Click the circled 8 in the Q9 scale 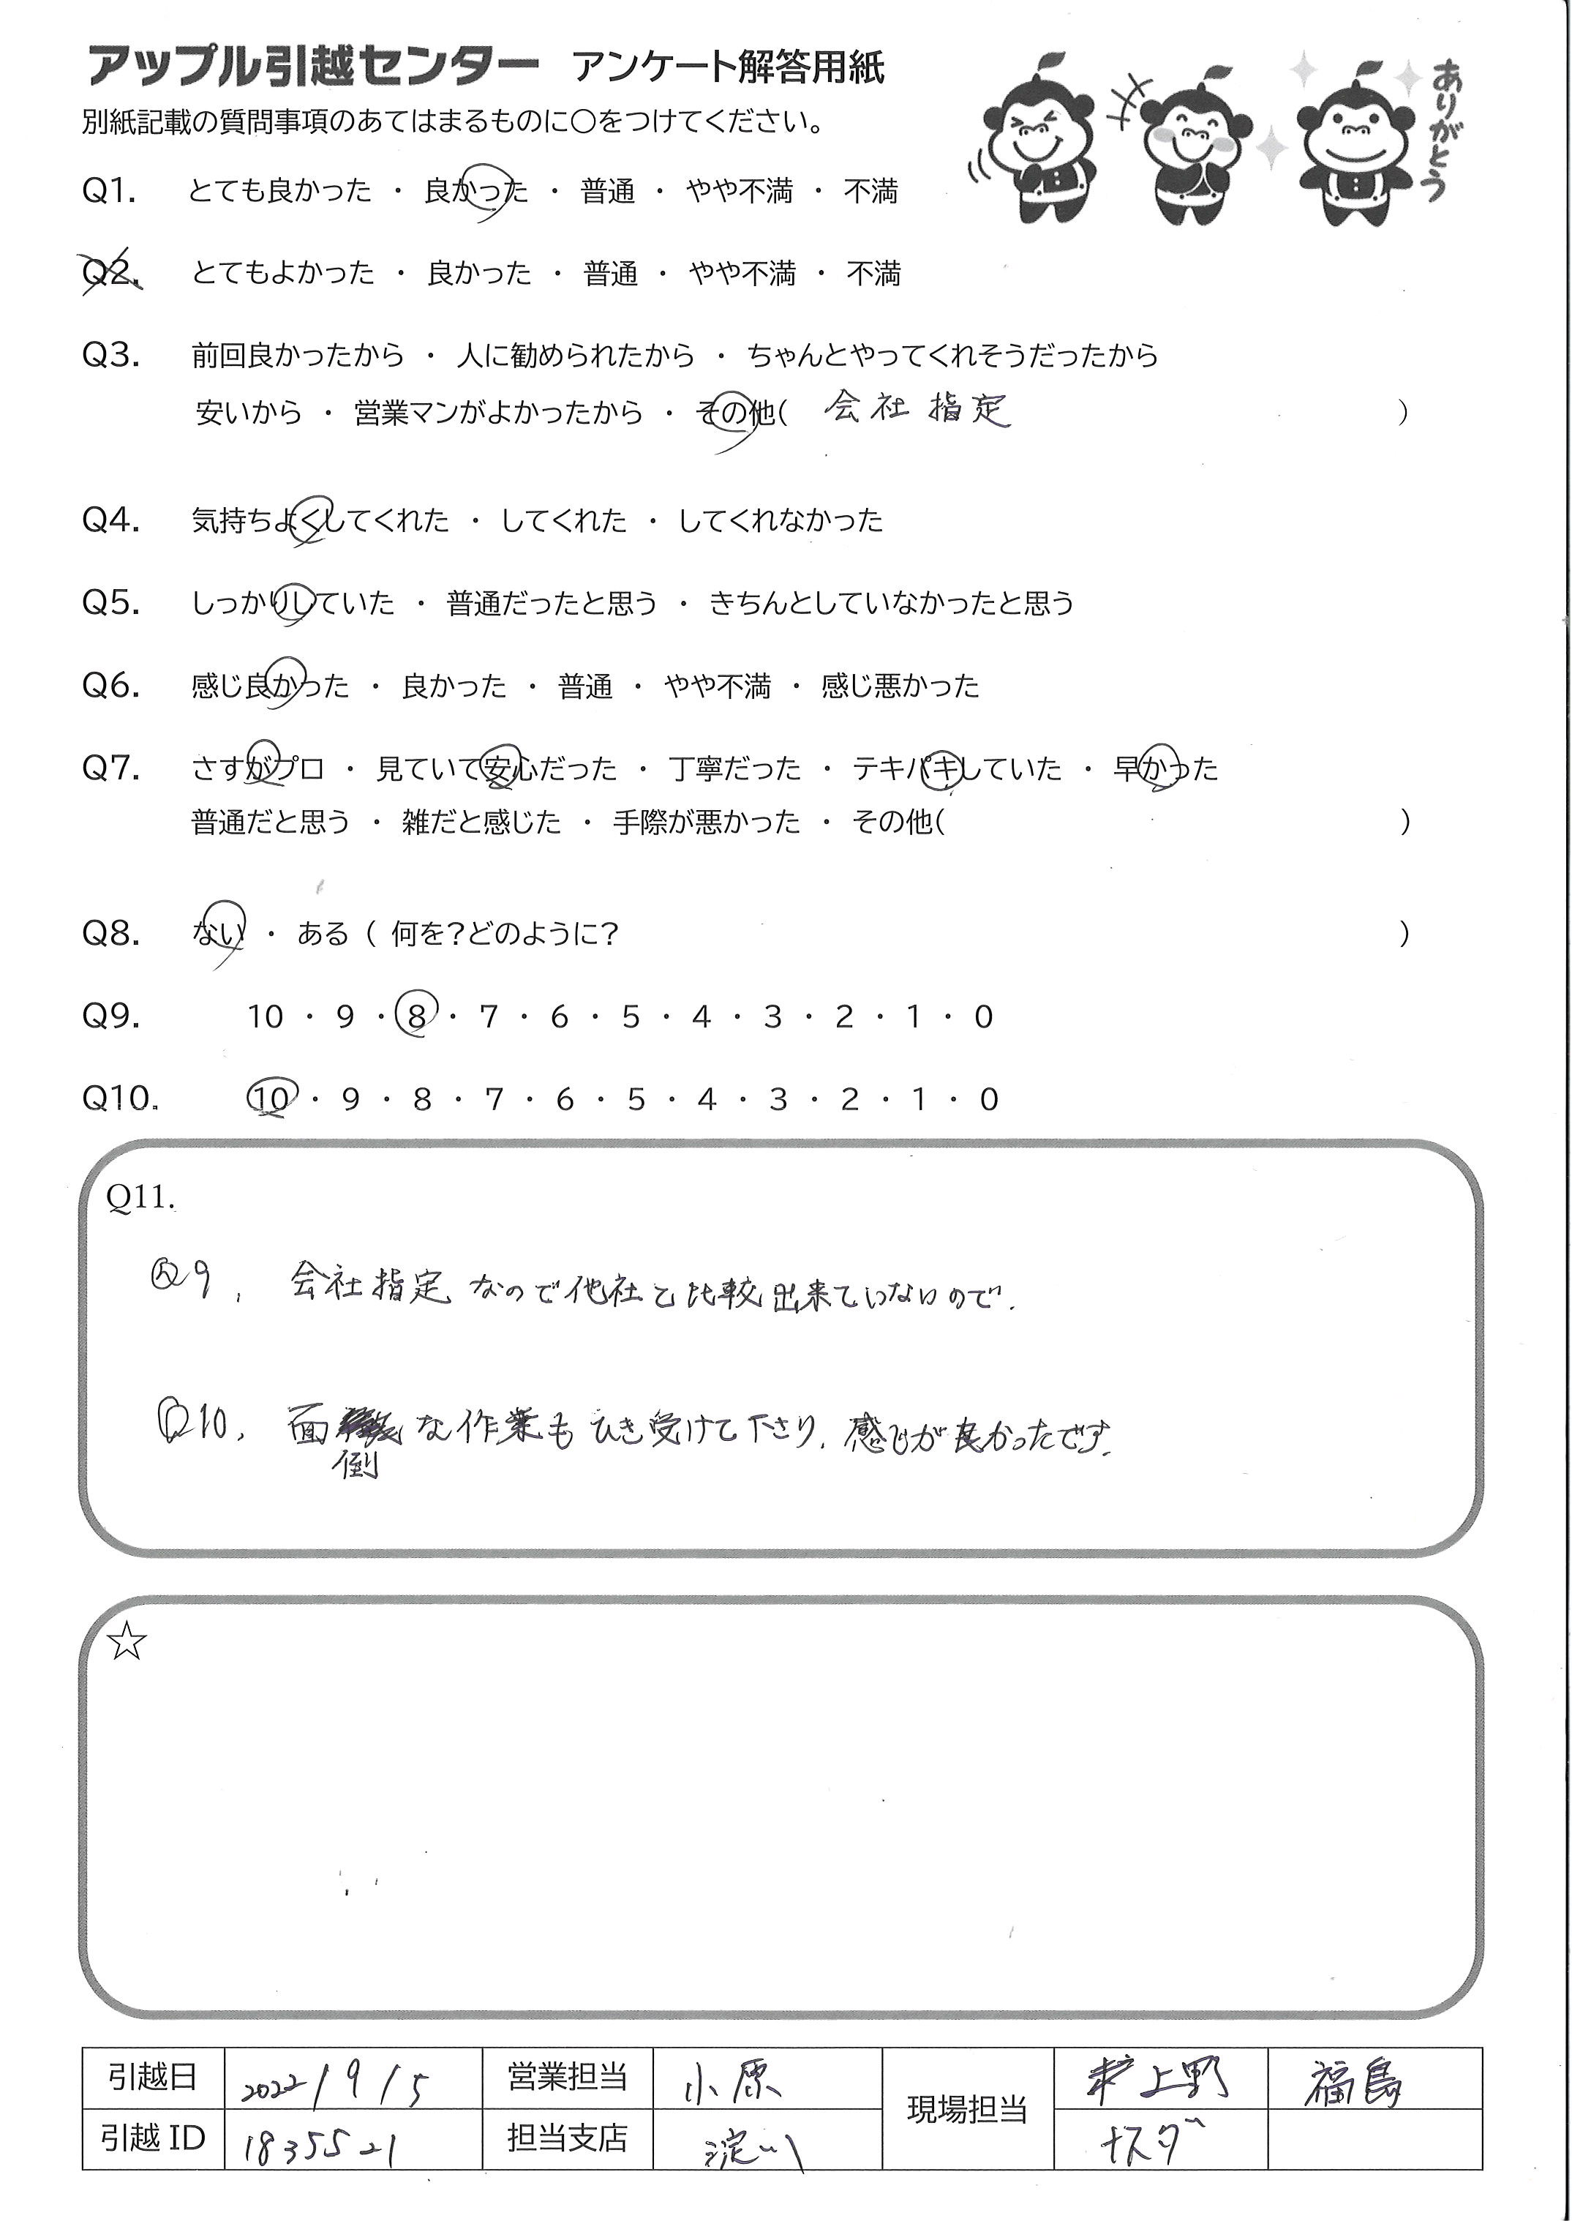416,1016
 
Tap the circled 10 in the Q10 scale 270,1099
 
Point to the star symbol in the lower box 127,1642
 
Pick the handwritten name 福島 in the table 1353,2080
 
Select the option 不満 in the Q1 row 871,192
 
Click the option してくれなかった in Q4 781,521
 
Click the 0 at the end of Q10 988,1100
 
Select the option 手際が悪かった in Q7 707,822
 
